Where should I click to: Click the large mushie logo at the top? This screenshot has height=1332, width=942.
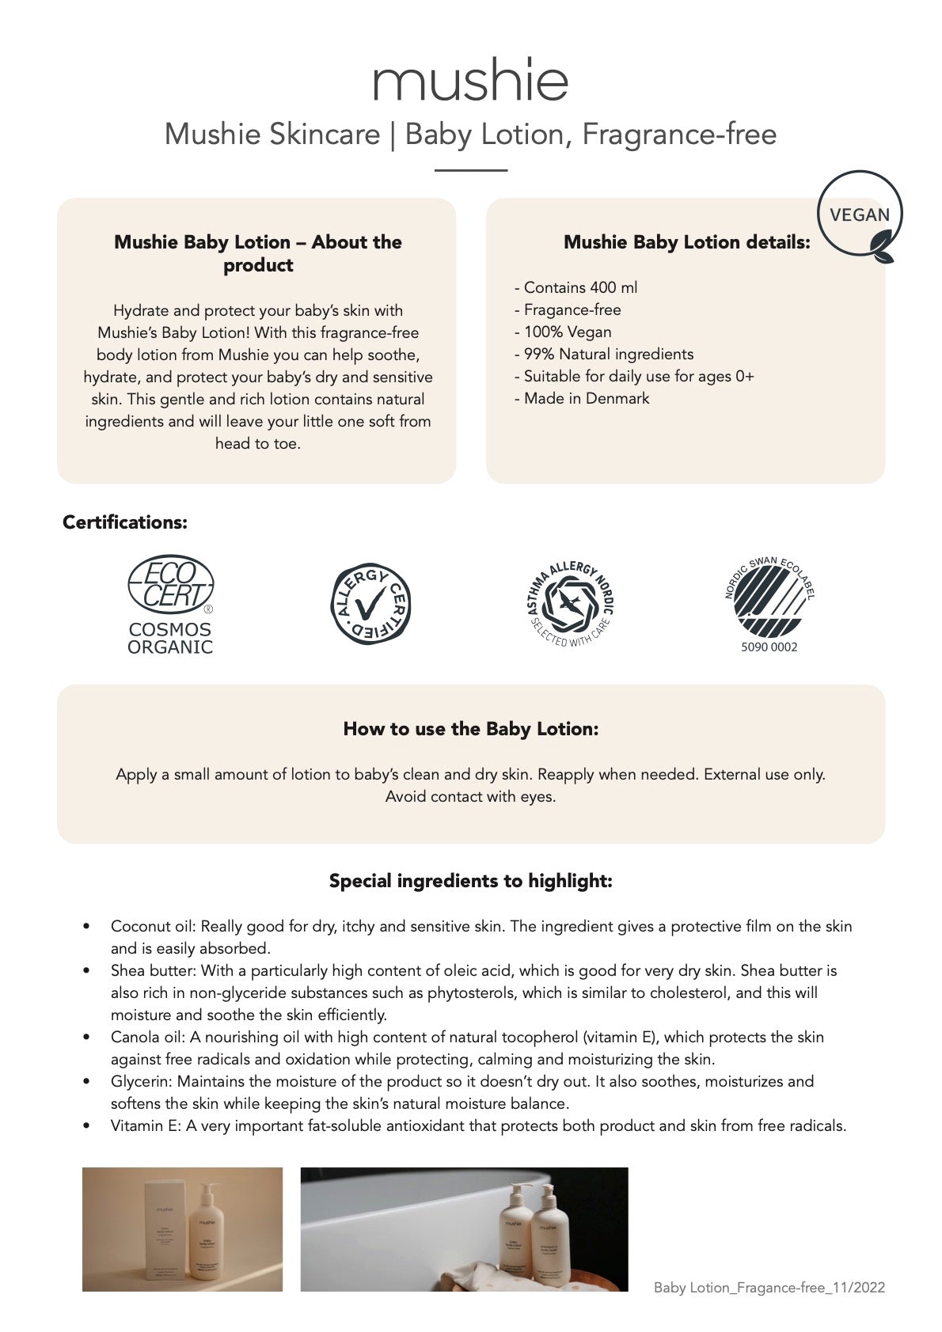click(470, 81)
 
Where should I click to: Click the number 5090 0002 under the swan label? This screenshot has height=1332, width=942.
click(770, 647)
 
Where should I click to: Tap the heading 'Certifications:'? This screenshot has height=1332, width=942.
click(125, 522)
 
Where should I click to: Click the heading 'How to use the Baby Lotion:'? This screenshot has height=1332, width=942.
click(470, 729)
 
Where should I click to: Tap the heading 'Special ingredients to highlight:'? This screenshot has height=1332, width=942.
click(470, 881)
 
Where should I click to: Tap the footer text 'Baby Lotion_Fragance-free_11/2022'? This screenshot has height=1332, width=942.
click(769, 1288)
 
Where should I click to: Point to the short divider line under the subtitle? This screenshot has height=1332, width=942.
click(470, 170)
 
